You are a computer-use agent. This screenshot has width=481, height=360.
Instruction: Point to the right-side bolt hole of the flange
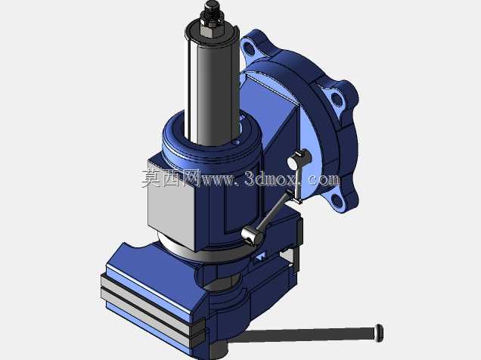pos(337,99)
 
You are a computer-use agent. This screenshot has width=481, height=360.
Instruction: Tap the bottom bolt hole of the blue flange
pos(338,200)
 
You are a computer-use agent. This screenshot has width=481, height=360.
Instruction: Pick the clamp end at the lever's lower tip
pos(253,236)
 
